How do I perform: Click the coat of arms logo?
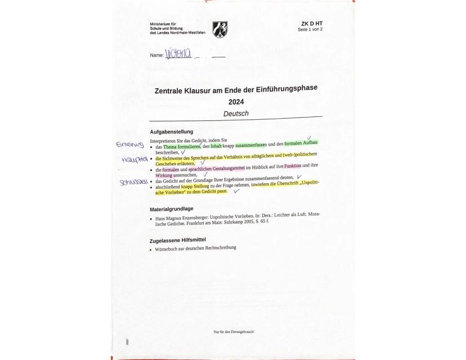[x=219, y=29]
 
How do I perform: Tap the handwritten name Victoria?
[x=178, y=54]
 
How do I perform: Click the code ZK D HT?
[x=312, y=24]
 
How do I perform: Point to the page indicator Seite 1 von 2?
[x=310, y=30]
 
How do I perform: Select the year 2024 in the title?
[x=236, y=102]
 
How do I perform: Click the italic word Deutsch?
[x=236, y=114]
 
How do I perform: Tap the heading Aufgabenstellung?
[x=171, y=132]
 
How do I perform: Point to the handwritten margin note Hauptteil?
[x=135, y=160]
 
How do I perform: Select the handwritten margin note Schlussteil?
[x=133, y=182]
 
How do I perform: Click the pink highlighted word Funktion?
[x=292, y=166]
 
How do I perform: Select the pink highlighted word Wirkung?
[x=164, y=175]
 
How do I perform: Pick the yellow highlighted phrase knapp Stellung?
[x=195, y=186]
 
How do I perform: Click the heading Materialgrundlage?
[x=172, y=209]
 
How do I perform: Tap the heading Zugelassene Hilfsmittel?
[x=177, y=240]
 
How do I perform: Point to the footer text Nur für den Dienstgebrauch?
[x=234, y=332]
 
